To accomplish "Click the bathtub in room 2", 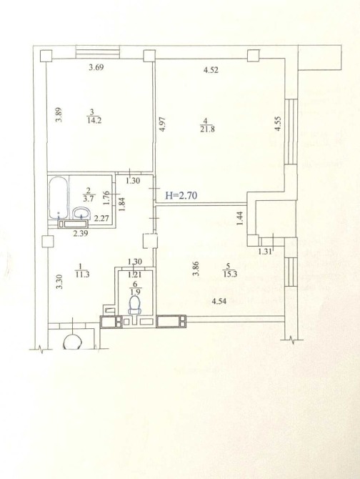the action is [x=58, y=197].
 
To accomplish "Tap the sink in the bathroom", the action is [x=81, y=213].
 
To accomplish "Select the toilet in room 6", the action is [x=134, y=305].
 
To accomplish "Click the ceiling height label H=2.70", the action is [x=181, y=195].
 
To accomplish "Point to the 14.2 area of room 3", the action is [x=94, y=120].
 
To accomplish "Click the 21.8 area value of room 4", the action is [x=207, y=129].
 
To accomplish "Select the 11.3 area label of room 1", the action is [x=82, y=275].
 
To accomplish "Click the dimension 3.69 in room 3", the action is [x=96, y=67].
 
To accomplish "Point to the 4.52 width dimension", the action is [x=211, y=70].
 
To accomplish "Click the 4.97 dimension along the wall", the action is [x=163, y=124].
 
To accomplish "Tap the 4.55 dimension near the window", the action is [x=278, y=124].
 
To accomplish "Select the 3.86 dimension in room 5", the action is [x=196, y=268].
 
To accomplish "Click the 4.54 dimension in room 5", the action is [x=219, y=302].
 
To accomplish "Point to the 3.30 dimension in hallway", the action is [x=59, y=282].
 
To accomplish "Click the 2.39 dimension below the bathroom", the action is [x=81, y=234].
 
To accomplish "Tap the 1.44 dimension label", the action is [x=241, y=219].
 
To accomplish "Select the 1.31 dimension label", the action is [x=265, y=252].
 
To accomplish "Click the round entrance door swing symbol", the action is [x=73, y=342].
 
